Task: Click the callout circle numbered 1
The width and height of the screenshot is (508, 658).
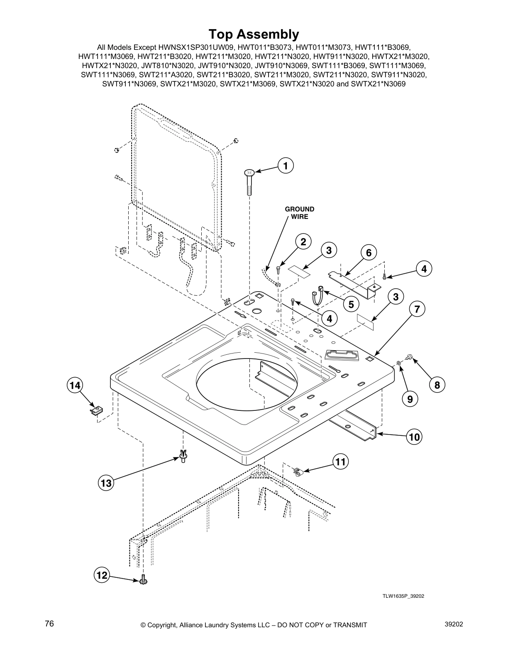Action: pyautogui.click(x=286, y=166)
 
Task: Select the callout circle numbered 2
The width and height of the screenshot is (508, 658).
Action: pyautogui.click(x=303, y=242)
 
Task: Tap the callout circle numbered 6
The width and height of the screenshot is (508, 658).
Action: pyautogui.click(x=369, y=252)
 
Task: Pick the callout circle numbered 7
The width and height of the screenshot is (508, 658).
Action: pyautogui.click(x=417, y=309)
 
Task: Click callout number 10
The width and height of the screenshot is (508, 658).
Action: pyautogui.click(x=415, y=437)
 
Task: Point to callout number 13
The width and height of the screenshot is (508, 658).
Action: pyautogui.click(x=106, y=483)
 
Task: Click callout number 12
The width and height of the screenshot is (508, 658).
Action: pyautogui.click(x=102, y=575)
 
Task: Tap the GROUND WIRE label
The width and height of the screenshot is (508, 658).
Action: pyautogui.click(x=299, y=213)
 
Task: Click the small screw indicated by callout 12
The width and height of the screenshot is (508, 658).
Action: pyautogui.click(x=144, y=579)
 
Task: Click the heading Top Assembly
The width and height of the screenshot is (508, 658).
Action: pyautogui.click(x=254, y=34)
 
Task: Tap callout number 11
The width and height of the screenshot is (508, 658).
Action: pyautogui.click(x=340, y=462)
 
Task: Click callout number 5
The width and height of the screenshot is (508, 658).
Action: pyautogui.click(x=351, y=304)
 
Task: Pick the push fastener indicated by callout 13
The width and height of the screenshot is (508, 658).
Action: pyautogui.click(x=183, y=456)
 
